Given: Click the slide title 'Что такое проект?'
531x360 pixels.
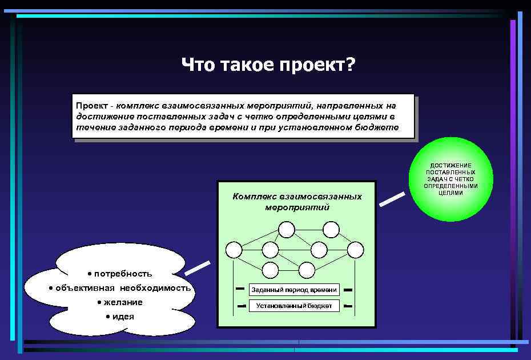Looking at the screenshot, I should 268,65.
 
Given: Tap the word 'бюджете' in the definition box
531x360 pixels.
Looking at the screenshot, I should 376,127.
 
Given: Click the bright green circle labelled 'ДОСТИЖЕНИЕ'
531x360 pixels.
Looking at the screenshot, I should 450,179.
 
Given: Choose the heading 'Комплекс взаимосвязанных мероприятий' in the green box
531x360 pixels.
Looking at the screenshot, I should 297,201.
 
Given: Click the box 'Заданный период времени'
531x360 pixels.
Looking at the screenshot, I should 294,290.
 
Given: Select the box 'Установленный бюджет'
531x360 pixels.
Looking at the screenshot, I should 294,306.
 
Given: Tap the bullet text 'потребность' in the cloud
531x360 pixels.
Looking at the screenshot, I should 123,273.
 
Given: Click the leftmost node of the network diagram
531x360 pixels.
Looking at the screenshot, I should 234,250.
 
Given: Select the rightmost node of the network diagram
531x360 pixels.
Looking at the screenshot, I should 355,250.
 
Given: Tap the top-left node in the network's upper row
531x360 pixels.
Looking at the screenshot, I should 286,230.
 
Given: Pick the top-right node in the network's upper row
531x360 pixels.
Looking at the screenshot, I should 331,230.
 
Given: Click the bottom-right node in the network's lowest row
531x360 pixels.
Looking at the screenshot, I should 307,270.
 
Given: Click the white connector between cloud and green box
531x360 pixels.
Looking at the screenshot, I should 198,267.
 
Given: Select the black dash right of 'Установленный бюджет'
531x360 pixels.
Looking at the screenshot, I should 348,306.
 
